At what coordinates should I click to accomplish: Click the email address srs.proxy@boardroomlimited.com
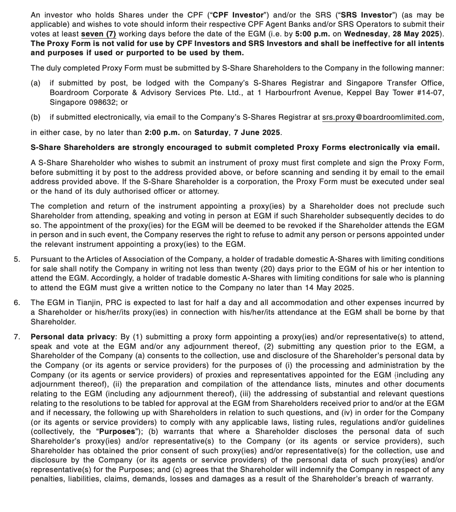[382, 117]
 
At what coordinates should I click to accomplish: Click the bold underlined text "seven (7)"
[99, 34]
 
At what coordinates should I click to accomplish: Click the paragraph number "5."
[17, 259]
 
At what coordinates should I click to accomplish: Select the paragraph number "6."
[17, 303]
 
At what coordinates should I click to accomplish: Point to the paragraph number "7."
[17, 337]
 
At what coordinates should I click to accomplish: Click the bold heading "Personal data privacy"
[72, 337]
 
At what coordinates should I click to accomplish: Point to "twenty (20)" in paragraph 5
[261, 269]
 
